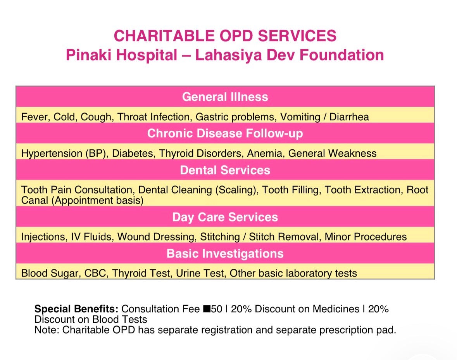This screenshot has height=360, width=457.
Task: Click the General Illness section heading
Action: click(225, 97)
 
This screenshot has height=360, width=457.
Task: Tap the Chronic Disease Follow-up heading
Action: click(225, 133)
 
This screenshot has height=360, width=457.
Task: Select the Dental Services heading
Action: click(225, 170)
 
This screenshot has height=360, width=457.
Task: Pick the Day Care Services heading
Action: click(225, 217)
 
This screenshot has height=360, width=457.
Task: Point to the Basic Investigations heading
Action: click(225, 254)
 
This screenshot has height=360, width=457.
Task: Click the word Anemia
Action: click(266, 154)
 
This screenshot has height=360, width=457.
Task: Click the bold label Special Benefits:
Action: click(76, 309)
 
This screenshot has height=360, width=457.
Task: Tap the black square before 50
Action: click(207, 309)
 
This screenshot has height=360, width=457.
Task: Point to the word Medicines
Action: click(336, 309)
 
